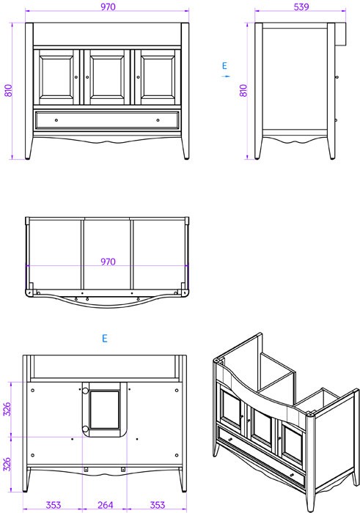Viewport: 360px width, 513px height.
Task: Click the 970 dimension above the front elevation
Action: point(108,7)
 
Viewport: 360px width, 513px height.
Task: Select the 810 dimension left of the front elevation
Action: point(8,91)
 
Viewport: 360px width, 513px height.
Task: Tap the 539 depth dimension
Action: point(301,7)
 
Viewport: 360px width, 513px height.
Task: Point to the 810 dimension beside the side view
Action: point(243,91)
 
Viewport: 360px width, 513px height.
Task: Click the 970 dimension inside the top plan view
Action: point(108,262)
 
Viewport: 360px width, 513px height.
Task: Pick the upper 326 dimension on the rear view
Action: point(7,409)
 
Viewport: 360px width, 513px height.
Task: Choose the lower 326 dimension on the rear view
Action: point(7,464)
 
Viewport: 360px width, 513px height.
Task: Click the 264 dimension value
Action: point(105,505)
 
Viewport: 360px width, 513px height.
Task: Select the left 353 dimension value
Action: point(53,505)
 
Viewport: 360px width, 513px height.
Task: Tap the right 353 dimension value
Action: point(157,505)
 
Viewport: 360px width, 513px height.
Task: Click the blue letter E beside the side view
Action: point(224,66)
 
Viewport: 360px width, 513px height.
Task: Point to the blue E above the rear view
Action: point(105,338)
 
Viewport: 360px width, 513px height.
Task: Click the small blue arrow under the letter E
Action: point(226,76)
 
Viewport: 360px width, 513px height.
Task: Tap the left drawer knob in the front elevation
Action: point(56,120)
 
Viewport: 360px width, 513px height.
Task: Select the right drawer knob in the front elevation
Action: point(158,120)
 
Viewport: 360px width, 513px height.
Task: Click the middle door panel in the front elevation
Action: point(107,77)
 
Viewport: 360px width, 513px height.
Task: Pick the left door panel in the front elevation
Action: point(56,77)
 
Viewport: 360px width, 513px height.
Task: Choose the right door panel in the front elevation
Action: point(158,77)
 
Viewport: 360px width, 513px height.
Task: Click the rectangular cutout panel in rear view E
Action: point(105,410)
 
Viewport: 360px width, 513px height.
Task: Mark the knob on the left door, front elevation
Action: point(76,77)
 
